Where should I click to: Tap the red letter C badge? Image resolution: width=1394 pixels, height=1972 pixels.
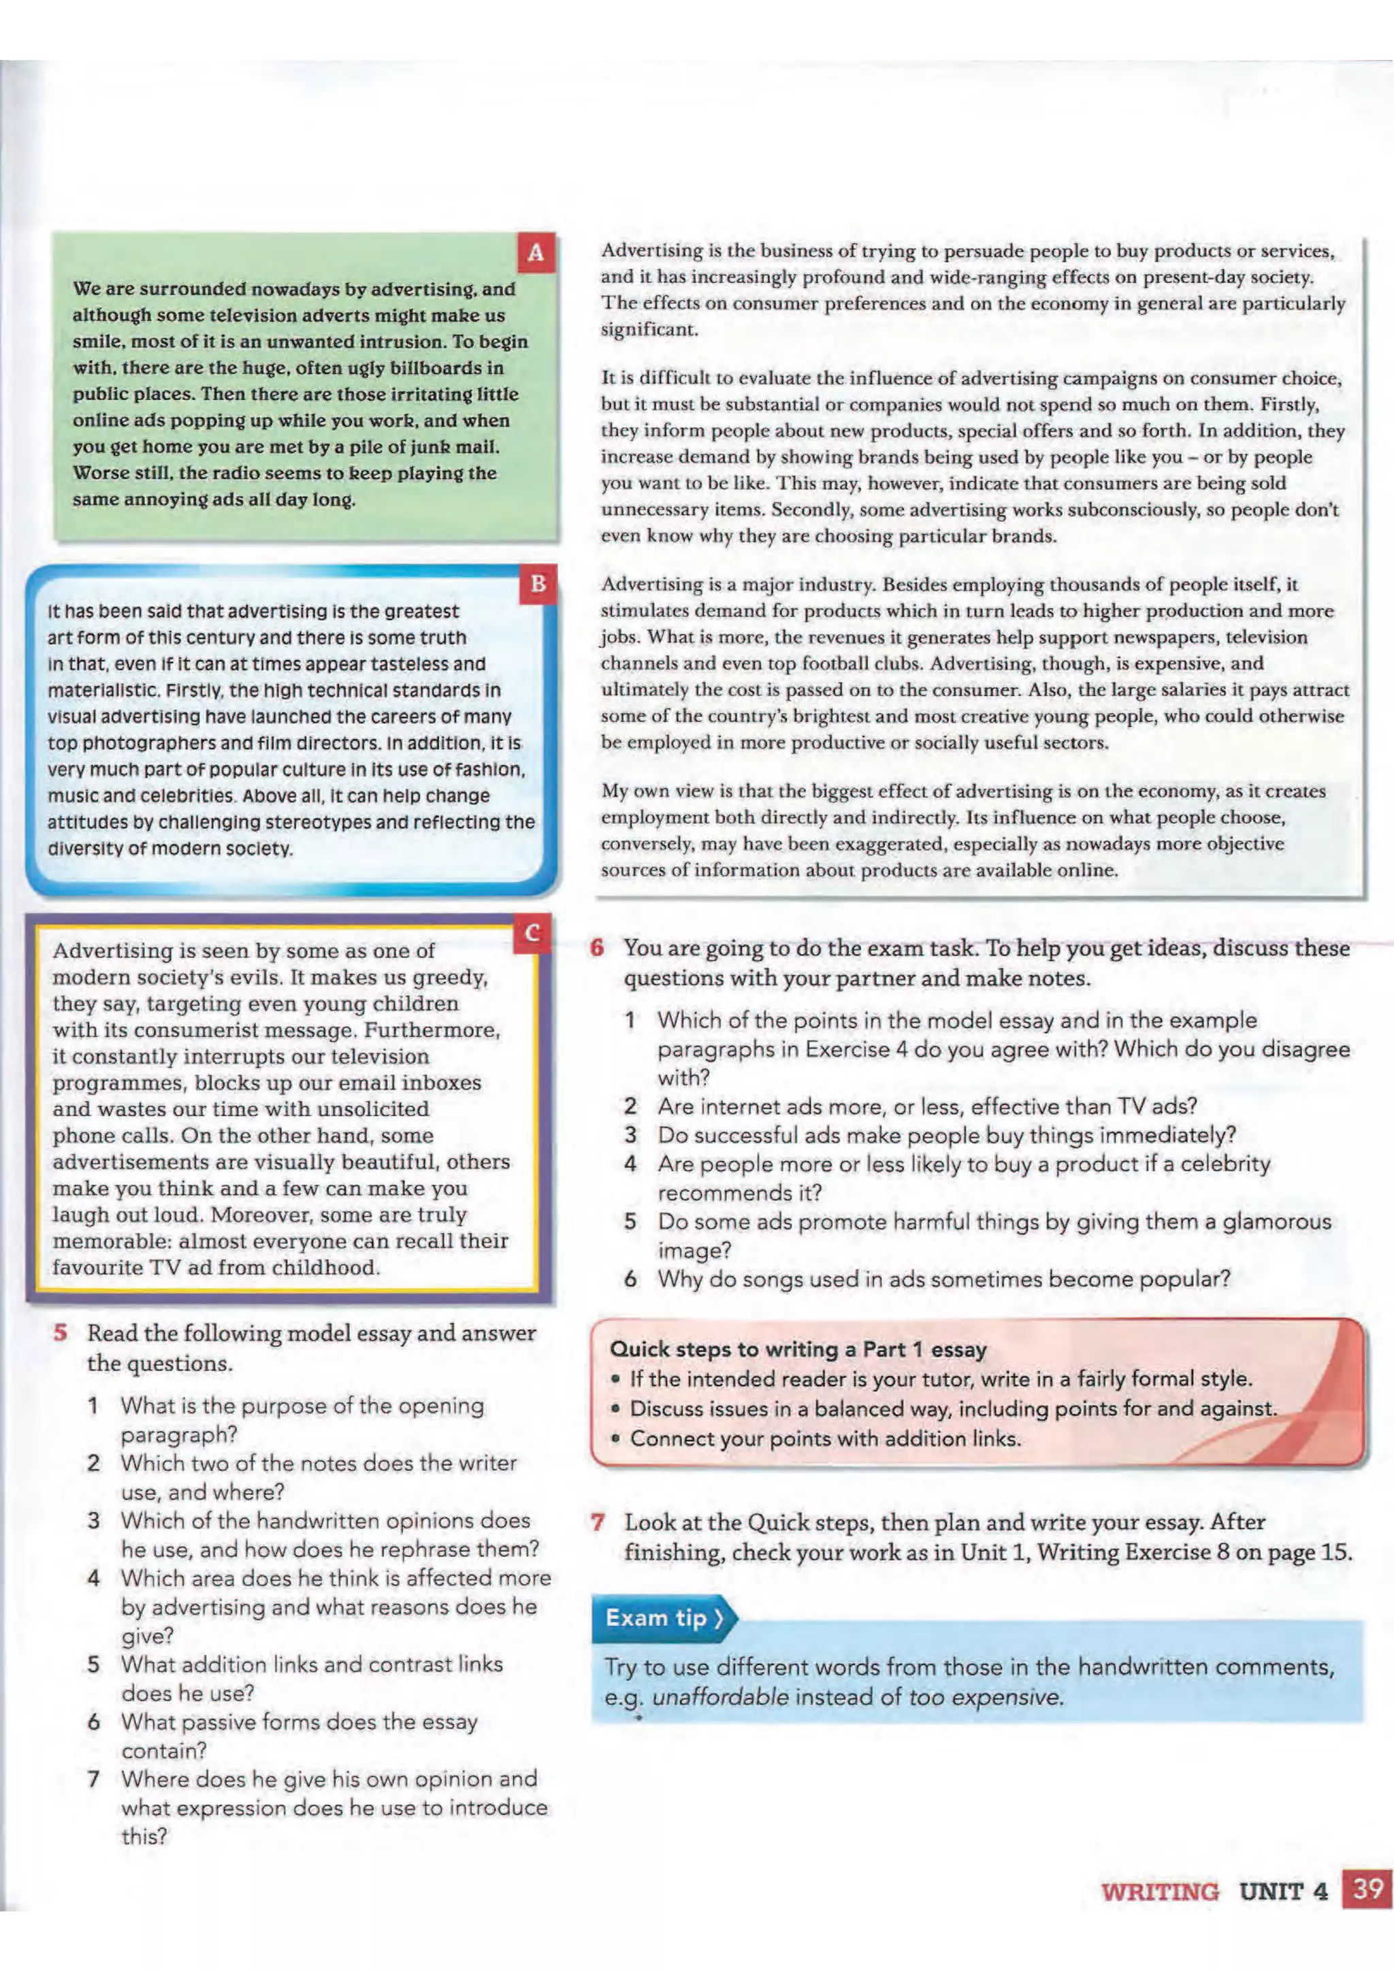(532, 933)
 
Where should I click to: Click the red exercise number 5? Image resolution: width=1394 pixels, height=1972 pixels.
(60, 1333)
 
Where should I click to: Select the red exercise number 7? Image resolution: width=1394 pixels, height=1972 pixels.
(598, 1522)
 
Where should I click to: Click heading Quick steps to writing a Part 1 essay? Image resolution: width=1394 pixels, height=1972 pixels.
(798, 1349)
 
